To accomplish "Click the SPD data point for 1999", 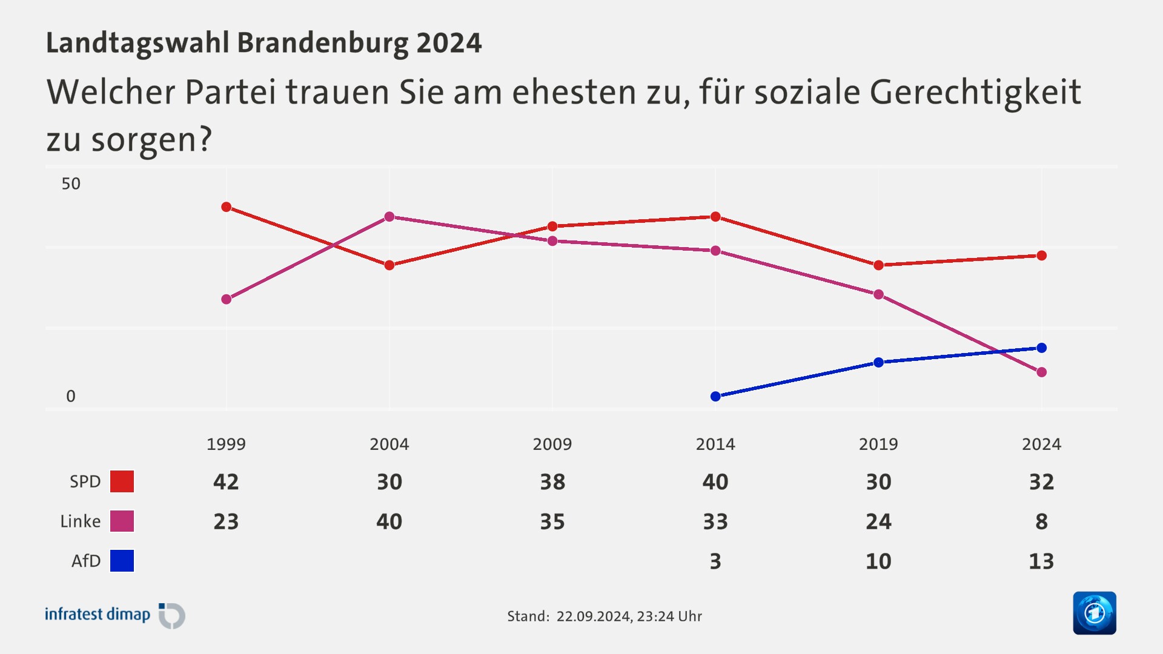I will coord(227,207).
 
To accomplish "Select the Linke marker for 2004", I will coord(389,217).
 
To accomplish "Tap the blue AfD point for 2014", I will coord(715,396).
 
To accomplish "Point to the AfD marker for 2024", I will coord(1042,348).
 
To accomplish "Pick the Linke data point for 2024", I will coord(1042,372).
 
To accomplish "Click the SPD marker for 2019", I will coord(878,265).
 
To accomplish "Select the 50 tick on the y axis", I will coord(71,184).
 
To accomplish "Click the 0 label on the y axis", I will coord(71,397).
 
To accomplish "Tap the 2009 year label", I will coord(552,444).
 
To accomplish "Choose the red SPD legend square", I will coord(122,481).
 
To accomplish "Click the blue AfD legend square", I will coord(122,561).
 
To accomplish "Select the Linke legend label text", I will coord(80,521).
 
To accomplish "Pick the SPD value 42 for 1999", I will coord(226,482).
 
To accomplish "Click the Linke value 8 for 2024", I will coord(1041,522).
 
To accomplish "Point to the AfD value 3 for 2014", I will coord(715,561).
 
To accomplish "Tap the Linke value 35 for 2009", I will coord(552,522).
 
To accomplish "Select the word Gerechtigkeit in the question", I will coord(975,93).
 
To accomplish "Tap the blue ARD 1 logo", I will coord(1094,613).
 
